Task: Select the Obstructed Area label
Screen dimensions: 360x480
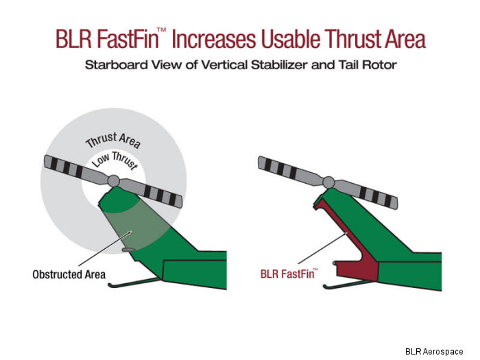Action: (x=69, y=274)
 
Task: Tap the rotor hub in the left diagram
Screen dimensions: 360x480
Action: (x=114, y=180)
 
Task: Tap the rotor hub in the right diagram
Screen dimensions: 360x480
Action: (x=328, y=182)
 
